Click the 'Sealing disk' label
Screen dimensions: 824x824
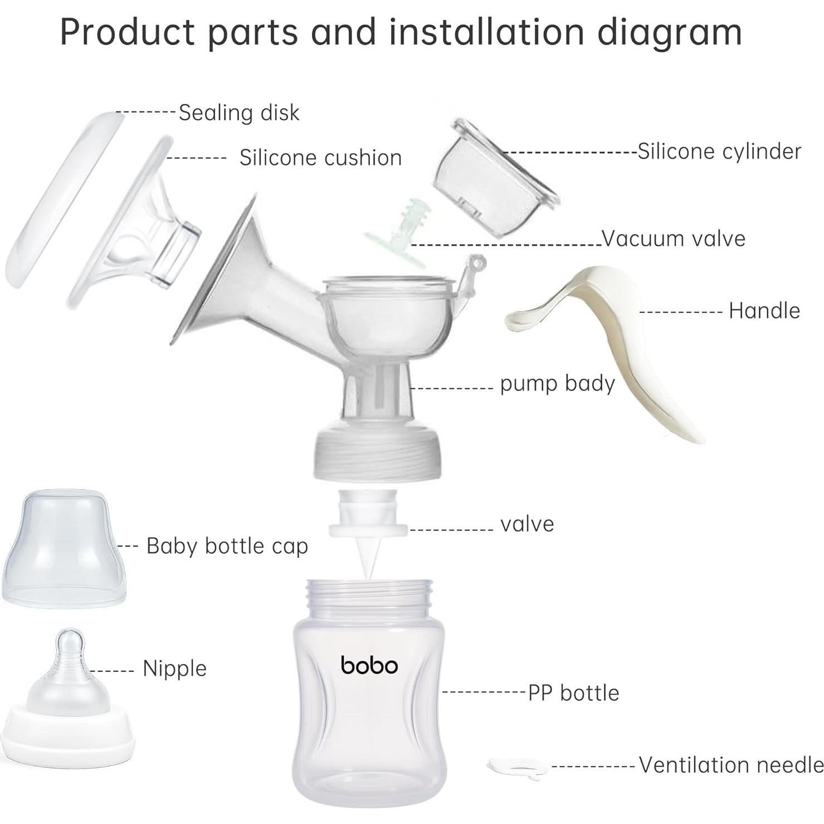pyautogui.click(x=238, y=113)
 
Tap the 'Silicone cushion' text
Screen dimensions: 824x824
pyautogui.click(x=320, y=158)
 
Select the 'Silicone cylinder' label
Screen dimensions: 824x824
pyautogui.click(x=719, y=151)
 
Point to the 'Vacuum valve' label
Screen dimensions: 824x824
pyautogui.click(x=673, y=238)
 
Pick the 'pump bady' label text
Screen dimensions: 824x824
pyautogui.click(x=557, y=383)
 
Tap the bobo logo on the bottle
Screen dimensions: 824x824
pyautogui.click(x=369, y=665)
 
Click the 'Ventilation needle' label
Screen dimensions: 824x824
pyautogui.click(x=730, y=765)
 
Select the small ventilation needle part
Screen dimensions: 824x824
pyautogui.click(x=517, y=767)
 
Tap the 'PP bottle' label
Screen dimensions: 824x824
pyautogui.click(x=573, y=693)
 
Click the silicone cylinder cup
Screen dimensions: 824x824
pyautogui.click(x=490, y=178)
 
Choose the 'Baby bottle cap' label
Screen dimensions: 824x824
pyautogui.click(x=227, y=546)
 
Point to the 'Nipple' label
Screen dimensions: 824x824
pyautogui.click(x=174, y=668)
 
